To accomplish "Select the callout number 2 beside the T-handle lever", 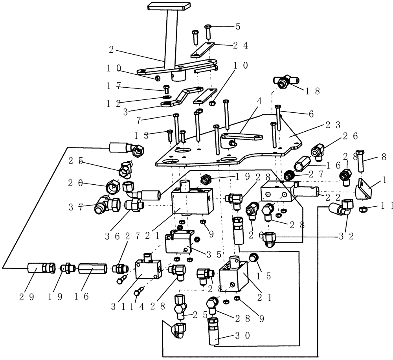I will (x=112, y=50).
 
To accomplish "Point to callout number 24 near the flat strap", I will (x=241, y=46).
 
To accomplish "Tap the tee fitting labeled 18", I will (x=286, y=81).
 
